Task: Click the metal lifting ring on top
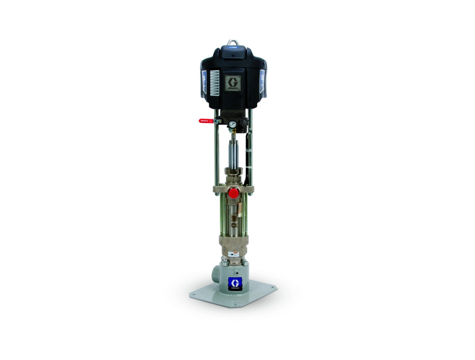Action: coord(233,42)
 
